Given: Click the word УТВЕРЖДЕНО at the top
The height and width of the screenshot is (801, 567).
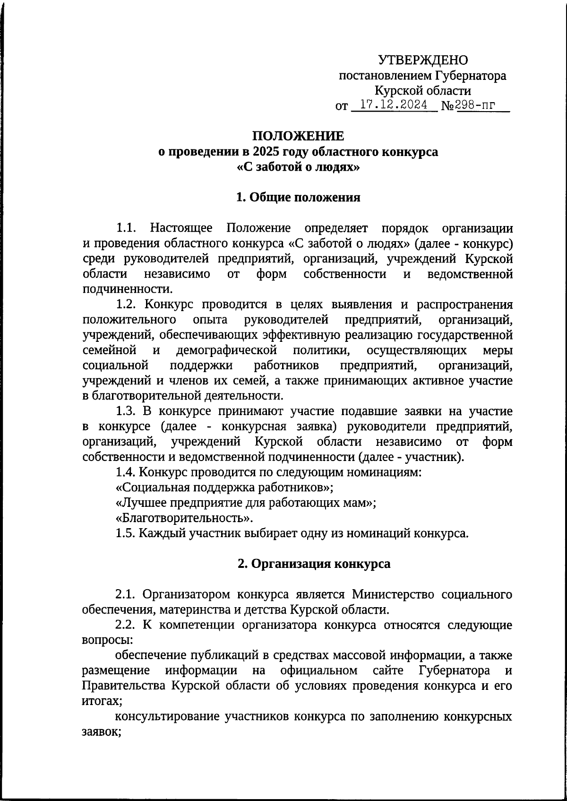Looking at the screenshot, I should tap(423, 60).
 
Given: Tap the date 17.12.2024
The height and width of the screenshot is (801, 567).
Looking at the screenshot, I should tap(393, 105).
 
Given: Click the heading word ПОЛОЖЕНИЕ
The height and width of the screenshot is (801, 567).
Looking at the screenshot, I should tap(298, 136).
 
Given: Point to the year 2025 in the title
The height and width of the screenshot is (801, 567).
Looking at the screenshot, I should tap(267, 152).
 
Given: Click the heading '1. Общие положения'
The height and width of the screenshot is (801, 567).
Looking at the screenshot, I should tap(298, 197).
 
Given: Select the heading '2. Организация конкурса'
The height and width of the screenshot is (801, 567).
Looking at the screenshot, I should tap(314, 564).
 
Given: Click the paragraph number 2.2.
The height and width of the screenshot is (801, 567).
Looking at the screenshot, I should tap(126, 625).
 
